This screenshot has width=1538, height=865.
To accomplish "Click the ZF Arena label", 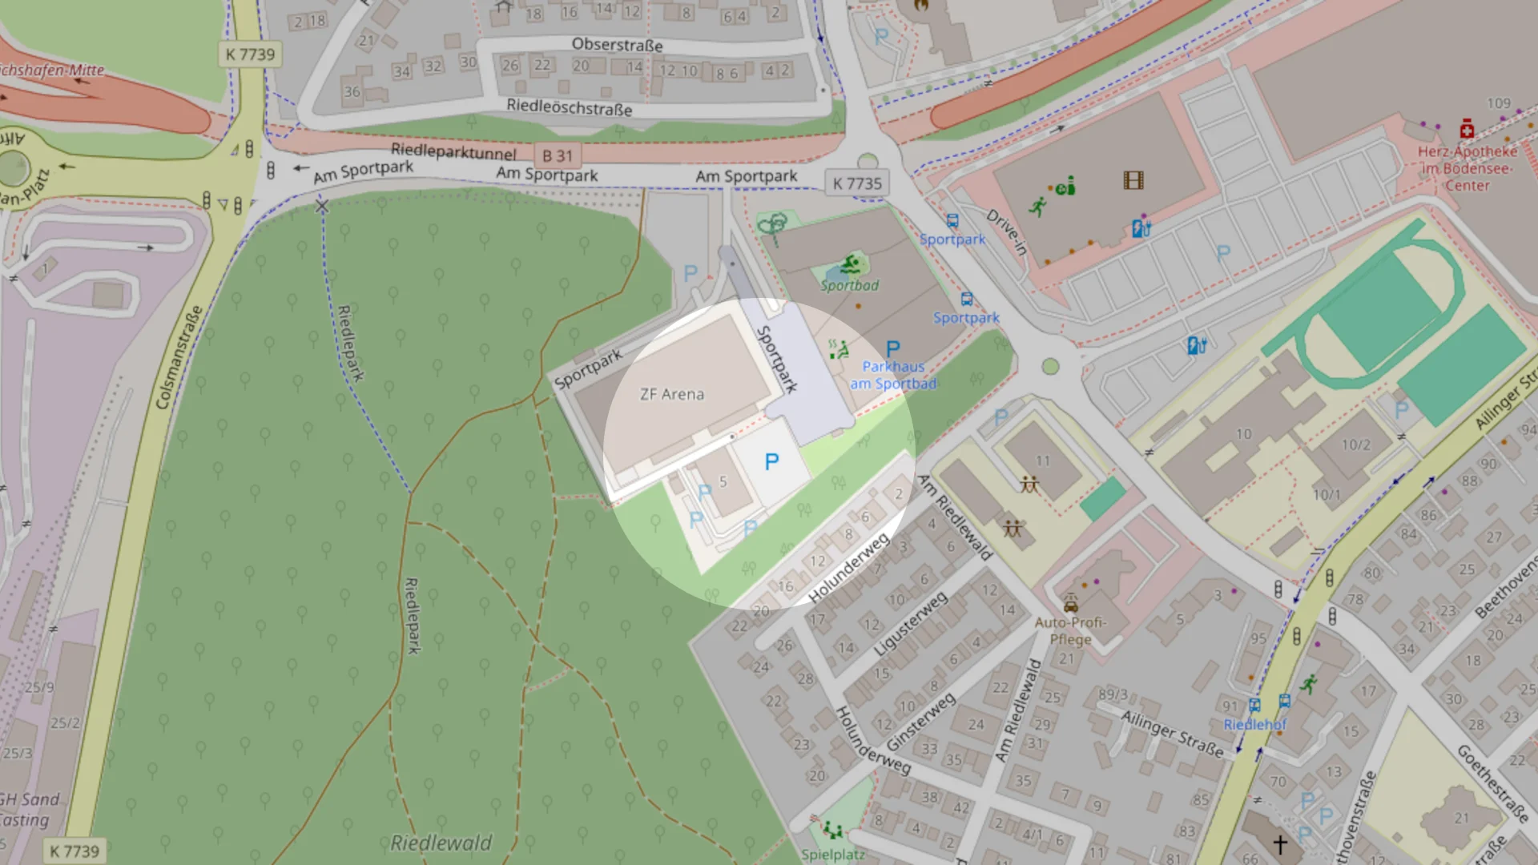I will [x=671, y=394].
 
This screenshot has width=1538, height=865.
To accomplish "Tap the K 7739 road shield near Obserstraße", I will [x=250, y=54].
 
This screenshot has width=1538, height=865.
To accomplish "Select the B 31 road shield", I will [x=558, y=156].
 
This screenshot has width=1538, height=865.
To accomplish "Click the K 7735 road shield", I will [x=856, y=183].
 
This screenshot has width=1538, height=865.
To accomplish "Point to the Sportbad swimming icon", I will [x=851, y=264].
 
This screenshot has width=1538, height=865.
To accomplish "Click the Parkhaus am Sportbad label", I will [x=893, y=375].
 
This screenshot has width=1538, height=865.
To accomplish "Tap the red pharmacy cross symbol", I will [x=1467, y=129].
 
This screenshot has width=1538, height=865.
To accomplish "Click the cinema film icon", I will [x=1133, y=180].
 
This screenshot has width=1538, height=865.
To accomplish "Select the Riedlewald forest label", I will [x=441, y=843].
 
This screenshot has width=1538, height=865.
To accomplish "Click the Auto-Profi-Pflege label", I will [x=1070, y=630].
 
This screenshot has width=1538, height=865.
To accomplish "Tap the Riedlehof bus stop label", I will [x=1254, y=724].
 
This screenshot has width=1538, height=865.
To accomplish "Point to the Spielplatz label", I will [x=833, y=854].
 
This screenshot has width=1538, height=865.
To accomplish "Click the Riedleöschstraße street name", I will [x=569, y=107].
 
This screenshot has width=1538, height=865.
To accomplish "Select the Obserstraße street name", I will [x=617, y=45].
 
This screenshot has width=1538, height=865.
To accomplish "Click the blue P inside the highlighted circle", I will [x=771, y=461].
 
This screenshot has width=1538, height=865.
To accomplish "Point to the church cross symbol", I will [x=1279, y=844].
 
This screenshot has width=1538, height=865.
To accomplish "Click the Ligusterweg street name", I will [x=911, y=623].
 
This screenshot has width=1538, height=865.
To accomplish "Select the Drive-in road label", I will [x=1007, y=231].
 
